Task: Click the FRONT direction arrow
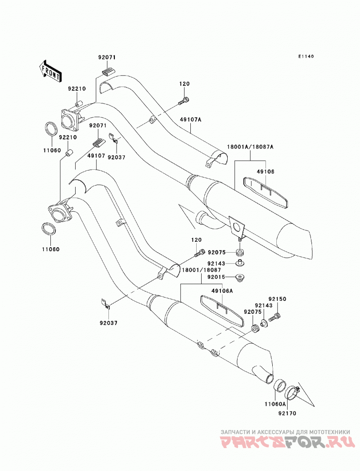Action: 50,71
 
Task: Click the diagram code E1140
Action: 306,56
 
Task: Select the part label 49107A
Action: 191,120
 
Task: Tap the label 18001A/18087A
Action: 250,147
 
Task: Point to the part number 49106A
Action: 222,291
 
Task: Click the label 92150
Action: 277,299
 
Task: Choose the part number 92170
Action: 287,413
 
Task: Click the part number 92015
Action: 216,277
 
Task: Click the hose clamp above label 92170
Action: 292,393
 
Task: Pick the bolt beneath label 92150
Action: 274,317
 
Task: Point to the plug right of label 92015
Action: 240,277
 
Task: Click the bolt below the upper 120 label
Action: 184,100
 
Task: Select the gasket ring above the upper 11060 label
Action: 51,129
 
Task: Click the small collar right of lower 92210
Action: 68,153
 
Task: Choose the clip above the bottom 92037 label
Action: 105,303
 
